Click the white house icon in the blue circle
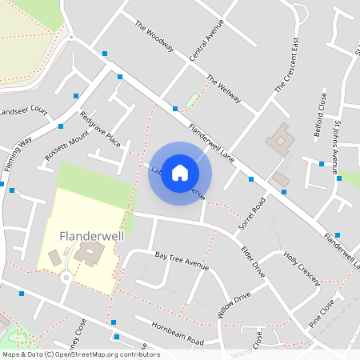[180, 173]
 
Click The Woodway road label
[154, 36]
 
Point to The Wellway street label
[223, 88]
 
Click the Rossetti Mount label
[67, 146]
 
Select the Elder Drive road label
[252, 262]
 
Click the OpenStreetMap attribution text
[80, 354]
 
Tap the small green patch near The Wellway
[191, 102]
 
